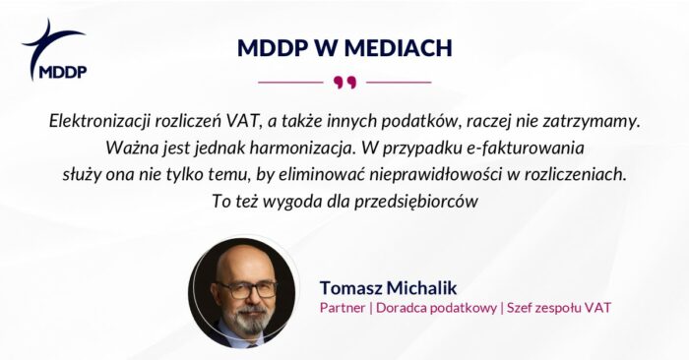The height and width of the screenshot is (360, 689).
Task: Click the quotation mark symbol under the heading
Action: (x=344, y=81)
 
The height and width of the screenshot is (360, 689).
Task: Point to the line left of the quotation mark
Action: (x=289, y=81)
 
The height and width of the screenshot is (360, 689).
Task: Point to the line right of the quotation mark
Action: (x=398, y=81)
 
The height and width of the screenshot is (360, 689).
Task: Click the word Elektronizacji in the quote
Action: (x=101, y=121)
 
